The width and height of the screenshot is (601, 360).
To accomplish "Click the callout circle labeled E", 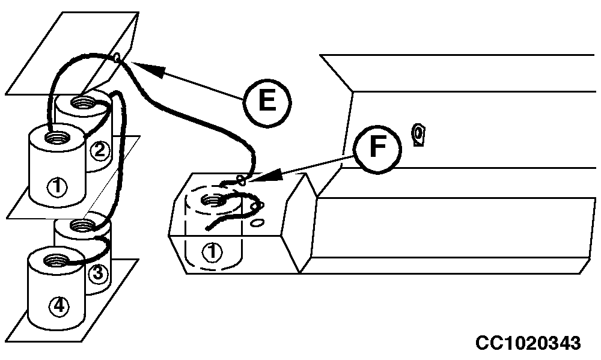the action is [267, 102].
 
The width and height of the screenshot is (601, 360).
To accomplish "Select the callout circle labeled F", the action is [377, 148].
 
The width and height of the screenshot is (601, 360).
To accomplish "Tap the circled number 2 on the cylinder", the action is [100, 150].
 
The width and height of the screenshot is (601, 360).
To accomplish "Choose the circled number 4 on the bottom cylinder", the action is [59, 306].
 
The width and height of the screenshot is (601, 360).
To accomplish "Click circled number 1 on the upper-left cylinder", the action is [57, 187].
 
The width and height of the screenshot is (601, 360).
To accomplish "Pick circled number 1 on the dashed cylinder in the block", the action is [212, 252].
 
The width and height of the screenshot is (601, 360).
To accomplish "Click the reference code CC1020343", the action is [528, 343].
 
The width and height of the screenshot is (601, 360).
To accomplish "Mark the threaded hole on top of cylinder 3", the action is [81, 226].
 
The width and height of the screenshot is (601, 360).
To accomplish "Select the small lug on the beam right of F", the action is [418, 135].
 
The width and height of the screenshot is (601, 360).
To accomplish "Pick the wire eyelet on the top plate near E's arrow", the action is [117, 58].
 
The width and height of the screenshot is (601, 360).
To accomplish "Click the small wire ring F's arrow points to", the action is [242, 180].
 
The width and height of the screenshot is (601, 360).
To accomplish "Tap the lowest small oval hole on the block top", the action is [258, 222].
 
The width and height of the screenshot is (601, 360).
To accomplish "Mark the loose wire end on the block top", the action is [209, 228].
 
